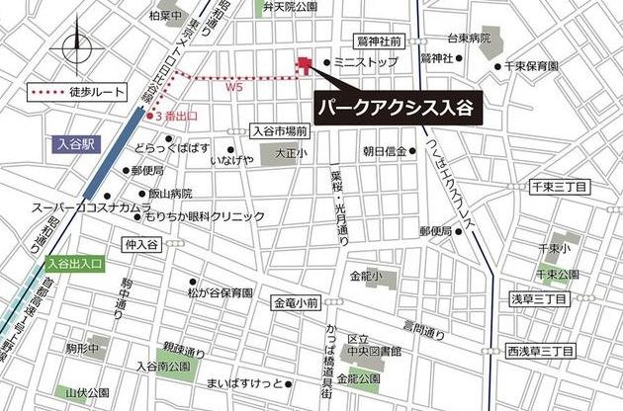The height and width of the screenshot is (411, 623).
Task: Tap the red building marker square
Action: (x=304, y=65)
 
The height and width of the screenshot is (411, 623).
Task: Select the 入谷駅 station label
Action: (x=74, y=143)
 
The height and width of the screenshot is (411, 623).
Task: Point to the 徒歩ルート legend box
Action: (x=80, y=92)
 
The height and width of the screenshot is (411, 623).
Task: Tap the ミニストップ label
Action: (x=366, y=62)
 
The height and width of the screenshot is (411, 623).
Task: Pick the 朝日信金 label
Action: (x=385, y=151)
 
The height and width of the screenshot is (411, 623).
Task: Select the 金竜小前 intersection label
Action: (x=296, y=302)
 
